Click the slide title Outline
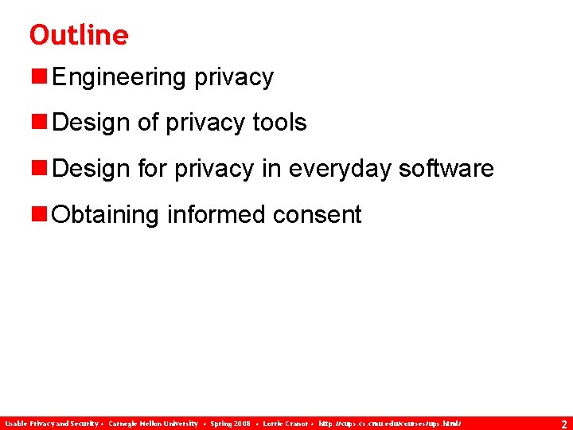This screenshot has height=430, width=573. (78, 35)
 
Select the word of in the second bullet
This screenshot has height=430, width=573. (148, 123)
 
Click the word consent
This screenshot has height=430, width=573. (317, 215)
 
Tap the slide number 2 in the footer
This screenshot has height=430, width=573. (563, 424)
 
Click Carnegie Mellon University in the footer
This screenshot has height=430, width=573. (153, 424)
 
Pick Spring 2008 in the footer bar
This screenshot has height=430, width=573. (230, 424)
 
